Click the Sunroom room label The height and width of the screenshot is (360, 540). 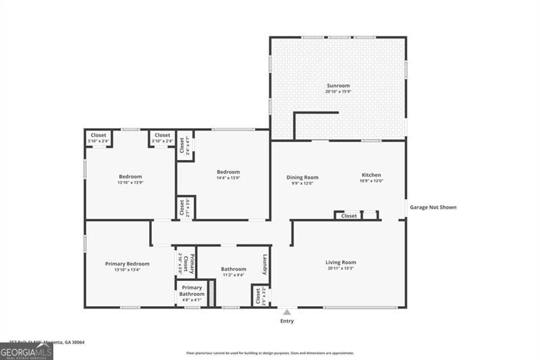tap(338, 86)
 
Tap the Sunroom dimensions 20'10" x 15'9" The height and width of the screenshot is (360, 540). tap(338, 92)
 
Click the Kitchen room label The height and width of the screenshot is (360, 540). tap(371, 175)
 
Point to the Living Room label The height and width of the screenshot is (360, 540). tap(340, 262)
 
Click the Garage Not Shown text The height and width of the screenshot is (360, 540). tap(433, 207)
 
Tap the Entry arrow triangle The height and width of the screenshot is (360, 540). tap(287, 312)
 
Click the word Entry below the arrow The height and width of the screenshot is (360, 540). tap(287, 321)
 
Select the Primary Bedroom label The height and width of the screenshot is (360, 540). tap(127, 263)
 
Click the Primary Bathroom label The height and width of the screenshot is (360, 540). tap(192, 291)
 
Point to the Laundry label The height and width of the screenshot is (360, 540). tap(266, 263)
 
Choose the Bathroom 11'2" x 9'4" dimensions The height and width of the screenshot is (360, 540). tap(233, 275)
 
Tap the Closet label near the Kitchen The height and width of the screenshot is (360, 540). tap(349, 216)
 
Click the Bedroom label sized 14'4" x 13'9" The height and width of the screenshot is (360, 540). tap(228, 172)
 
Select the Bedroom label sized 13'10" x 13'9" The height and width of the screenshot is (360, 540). tap(130, 177)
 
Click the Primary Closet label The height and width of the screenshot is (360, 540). tap(192, 261)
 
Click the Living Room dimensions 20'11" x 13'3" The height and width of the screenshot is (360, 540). tap(340, 268)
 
